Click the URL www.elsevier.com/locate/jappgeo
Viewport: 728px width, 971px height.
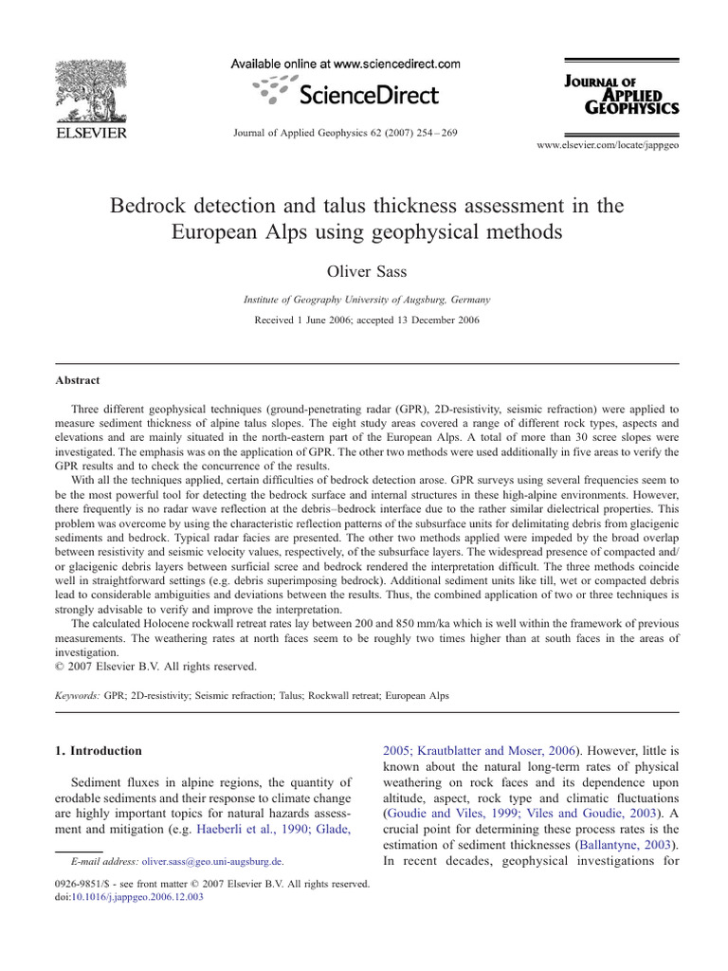click(x=608, y=145)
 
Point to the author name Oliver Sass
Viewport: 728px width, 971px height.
click(x=366, y=271)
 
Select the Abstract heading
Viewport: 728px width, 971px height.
click(x=78, y=380)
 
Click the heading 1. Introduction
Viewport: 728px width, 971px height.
click(x=99, y=751)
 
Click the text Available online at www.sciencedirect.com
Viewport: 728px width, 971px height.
click(x=347, y=64)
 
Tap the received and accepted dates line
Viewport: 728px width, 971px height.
click(x=366, y=320)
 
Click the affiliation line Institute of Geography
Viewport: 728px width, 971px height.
click(x=366, y=300)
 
